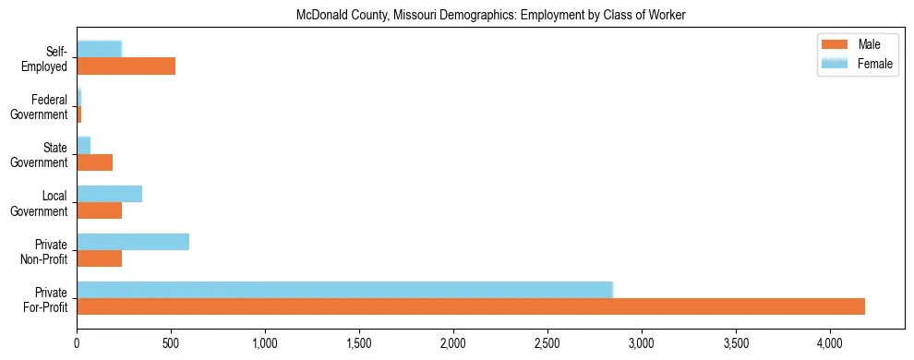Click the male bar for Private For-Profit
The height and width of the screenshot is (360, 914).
point(471,306)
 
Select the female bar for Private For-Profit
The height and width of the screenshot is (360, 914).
point(344,290)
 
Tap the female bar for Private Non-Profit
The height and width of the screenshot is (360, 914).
point(133,242)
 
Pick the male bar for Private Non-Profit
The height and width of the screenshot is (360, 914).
point(100,258)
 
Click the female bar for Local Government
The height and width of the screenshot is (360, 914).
point(109,194)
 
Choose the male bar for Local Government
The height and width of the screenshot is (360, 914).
point(100,210)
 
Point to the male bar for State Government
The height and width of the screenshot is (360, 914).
point(95,162)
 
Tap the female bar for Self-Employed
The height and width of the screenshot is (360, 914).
point(100,50)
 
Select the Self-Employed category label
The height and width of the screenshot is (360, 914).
point(47,59)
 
